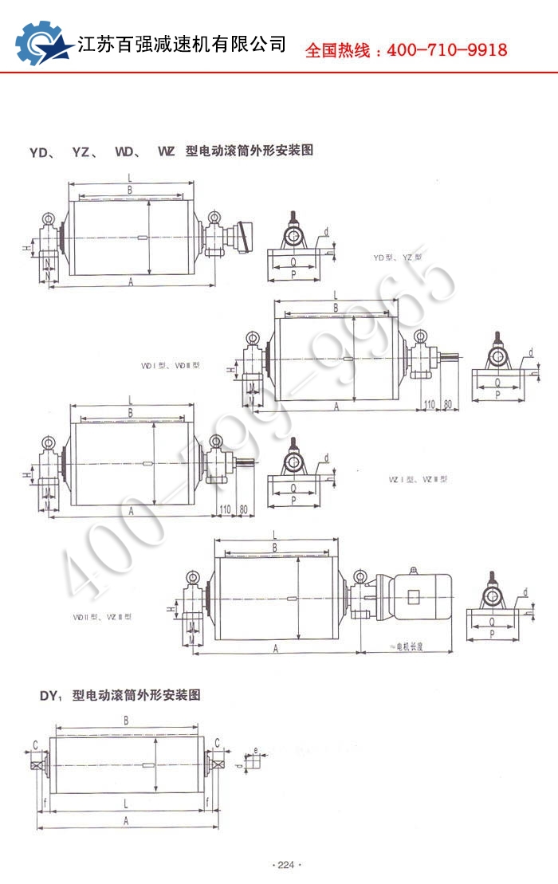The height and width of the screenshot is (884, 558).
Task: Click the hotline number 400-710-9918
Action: pos(446,50)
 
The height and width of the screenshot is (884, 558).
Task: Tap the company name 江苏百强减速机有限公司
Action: pos(182,44)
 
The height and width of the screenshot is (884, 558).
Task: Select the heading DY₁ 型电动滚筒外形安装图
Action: pos(121,695)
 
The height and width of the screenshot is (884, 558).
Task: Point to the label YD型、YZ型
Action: pos(397,257)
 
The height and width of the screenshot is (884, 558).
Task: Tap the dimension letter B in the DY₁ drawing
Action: pos(126,721)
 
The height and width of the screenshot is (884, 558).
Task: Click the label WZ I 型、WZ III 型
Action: pos(418,479)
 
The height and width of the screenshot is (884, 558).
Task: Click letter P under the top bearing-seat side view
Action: pos(293,273)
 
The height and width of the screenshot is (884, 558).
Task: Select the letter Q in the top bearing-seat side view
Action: pos(293,261)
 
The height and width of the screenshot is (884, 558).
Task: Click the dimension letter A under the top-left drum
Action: pos(129,281)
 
